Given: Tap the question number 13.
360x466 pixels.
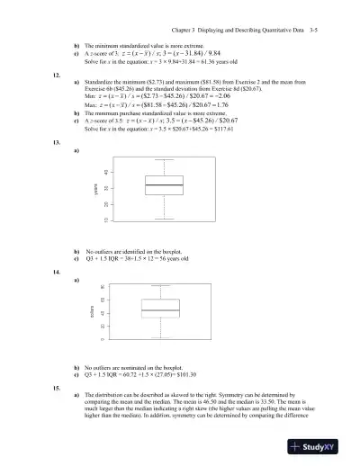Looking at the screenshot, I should tap(57, 142).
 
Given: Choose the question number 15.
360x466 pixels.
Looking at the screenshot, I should tap(57, 385).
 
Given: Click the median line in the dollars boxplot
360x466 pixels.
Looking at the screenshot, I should tap(160, 311).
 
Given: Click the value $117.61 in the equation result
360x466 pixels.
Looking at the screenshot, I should tap(219, 130).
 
